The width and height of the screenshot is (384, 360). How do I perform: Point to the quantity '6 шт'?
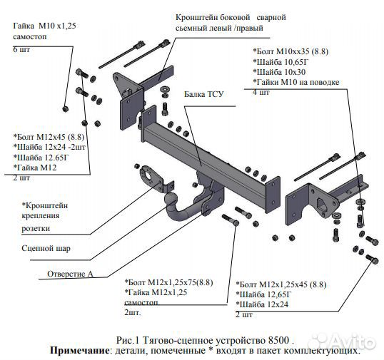click(x=21, y=49)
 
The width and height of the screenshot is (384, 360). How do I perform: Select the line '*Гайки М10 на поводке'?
click(x=298, y=83)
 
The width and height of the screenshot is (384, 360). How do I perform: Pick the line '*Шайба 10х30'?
click(x=281, y=72)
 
